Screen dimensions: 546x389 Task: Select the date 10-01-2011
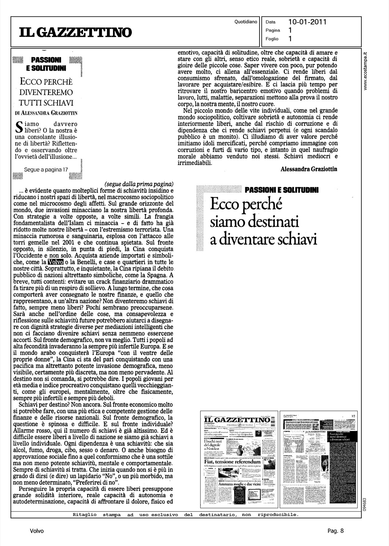[x=307, y=22]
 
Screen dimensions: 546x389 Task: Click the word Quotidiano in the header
[x=246, y=22]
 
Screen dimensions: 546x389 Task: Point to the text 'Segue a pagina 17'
[x=46, y=169]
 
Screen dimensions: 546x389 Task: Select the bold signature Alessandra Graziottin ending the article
[x=309, y=169]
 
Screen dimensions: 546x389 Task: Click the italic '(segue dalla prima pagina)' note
[x=139, y=184]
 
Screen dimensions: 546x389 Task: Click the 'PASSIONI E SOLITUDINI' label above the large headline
[x=281, y=190]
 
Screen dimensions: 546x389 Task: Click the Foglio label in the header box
[x=272, y=39]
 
